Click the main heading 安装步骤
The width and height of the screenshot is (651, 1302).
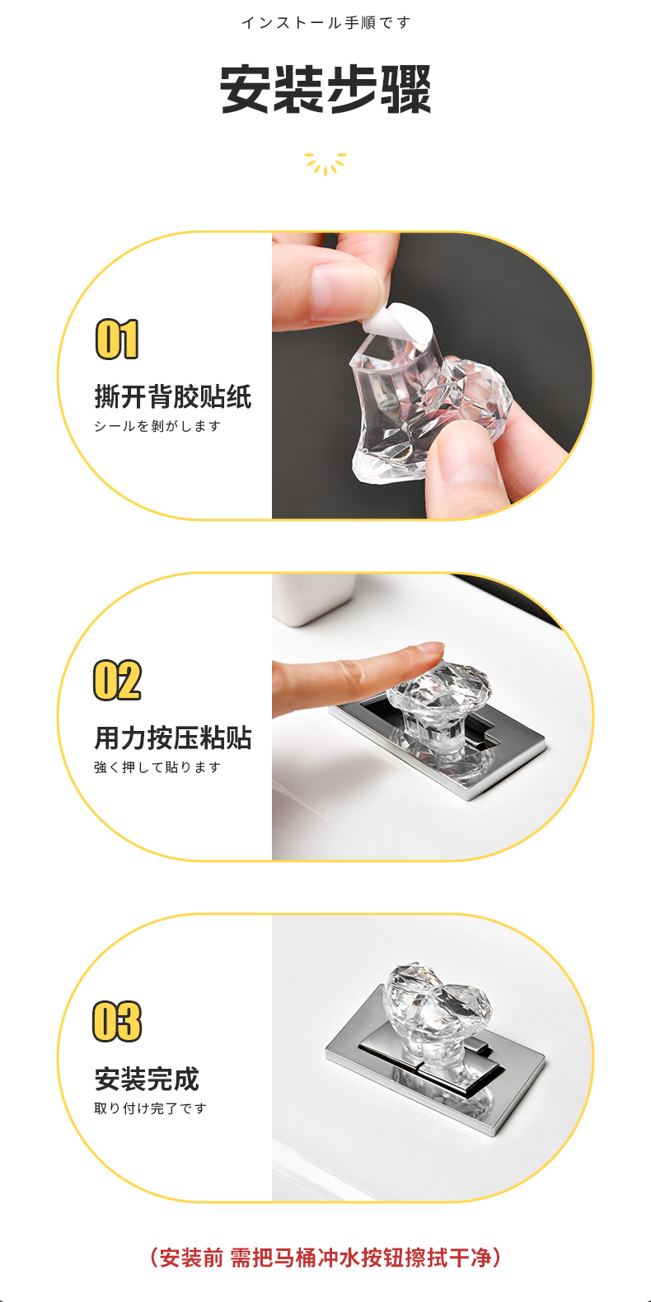pyautogui.click(x=325, y=89)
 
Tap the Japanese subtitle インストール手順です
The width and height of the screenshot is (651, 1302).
pyautogui.click(x=325, y=23)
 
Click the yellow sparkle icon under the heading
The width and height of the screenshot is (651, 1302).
pyautogui.click(x=325, y=163)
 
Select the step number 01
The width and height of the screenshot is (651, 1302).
pyautogui.click(x=117, y=339)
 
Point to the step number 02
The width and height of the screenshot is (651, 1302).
pyautogui.click(x=117, y=680)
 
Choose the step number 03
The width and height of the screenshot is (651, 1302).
pyautogui.click(x=117, y=1021)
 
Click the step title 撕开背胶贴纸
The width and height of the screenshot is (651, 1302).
pyautogui.click(x=172, y=396)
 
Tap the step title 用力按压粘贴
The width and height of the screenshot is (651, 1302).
pyautogui.click(x=172, y=738)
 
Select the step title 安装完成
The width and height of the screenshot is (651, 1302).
pyautogui.click(x=147, y=1079)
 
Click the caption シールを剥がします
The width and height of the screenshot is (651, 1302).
pyautogui.click(x=157, y=426)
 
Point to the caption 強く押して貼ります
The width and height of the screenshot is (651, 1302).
pyautogui.click(x=157, y=767)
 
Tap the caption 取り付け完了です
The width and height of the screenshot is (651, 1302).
pyautogui.click(x=150, y=1108)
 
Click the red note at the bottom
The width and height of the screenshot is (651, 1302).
pyautogui.click(x=325, y=1258)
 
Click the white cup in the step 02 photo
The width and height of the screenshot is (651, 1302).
pyautogui.click(x=314, y=599)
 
